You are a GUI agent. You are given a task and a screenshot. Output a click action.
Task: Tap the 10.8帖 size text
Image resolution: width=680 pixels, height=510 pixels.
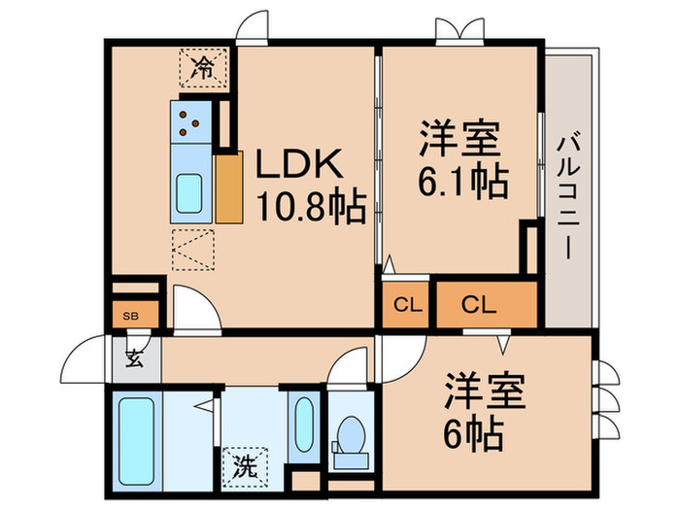[310, 205]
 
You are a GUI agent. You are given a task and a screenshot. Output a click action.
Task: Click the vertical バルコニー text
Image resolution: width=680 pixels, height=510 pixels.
[567, 193]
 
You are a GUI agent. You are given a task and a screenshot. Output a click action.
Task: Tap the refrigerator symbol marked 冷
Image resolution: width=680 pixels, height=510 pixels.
[204, 67]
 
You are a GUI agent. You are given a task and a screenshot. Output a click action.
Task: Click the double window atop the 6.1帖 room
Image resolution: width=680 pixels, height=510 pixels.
[459, 29]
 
